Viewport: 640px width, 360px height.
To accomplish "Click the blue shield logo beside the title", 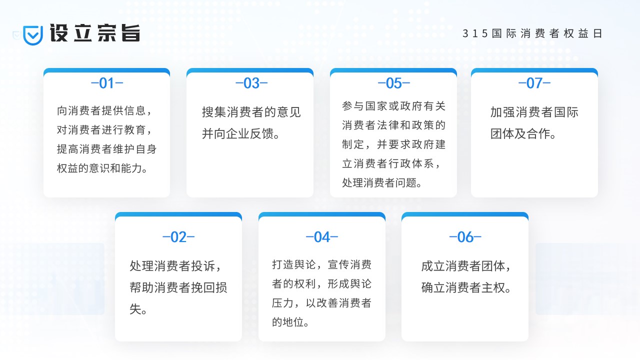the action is point(33,35).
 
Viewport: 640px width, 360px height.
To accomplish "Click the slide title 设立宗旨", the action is point(95,33).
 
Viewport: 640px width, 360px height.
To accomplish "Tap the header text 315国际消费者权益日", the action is point(532,33).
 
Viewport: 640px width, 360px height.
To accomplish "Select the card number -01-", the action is point(107,83).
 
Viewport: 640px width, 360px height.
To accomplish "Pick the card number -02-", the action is point(178,237).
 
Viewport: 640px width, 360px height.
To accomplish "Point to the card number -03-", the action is point(251,83).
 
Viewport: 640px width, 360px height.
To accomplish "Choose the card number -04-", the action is point(322,237).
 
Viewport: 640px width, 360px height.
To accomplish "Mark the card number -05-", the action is point(393,83).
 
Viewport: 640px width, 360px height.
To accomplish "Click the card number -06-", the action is point(465,237).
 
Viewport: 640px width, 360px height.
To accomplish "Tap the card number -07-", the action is point(534,83).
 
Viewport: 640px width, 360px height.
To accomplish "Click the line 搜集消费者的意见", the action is point(251,112).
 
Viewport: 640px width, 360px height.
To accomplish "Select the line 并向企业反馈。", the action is point(240,133).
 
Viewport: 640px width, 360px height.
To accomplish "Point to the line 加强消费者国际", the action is point(534,112).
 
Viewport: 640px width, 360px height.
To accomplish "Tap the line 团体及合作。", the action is point(523,133).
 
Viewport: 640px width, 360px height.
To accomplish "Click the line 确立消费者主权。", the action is point(466,287).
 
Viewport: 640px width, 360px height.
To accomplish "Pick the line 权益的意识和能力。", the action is point(102,168).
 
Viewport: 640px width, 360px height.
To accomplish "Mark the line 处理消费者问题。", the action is point(382,182).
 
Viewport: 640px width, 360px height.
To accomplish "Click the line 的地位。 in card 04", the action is point(290,322).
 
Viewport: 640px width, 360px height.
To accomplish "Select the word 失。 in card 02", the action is point(138,309).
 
